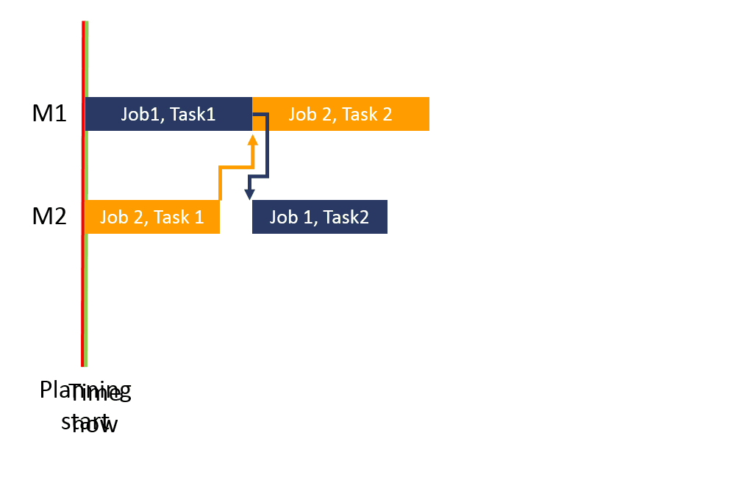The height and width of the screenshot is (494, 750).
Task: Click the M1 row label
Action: pyautogui.click(x=49, y=114)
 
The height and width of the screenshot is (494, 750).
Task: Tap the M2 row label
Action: pyautogui.click(x=49, y=217)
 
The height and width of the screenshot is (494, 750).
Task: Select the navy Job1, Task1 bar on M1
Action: pyautogui.click(x=168, y=114)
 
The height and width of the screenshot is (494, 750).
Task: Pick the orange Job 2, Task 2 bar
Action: pyautogui.click(x=340, y=114)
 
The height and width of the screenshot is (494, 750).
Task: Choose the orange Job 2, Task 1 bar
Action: pyautogui.click(x=152, y=217)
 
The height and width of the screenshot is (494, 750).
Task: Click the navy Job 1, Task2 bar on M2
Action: pyautogui.click(x=319, y=217)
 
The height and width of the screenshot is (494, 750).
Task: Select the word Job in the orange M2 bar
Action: pyautogui.click(x=113, y=217)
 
